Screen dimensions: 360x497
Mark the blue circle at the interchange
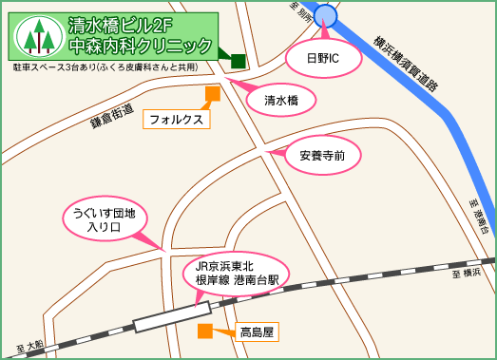click(326, 15)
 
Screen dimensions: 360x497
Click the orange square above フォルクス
click(213, 93)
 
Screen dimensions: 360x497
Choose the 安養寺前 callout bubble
click(321, 155)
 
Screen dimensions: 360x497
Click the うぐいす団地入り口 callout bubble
click(105, 220)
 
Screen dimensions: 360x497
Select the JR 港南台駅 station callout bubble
click(236, 275)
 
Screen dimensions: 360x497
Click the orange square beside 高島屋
click(204, 332)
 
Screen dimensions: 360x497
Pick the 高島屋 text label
click(257, 332)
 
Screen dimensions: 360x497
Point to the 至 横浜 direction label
click(467, 273)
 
